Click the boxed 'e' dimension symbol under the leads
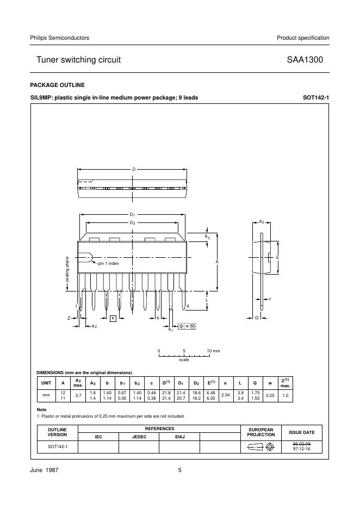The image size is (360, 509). (113, 318)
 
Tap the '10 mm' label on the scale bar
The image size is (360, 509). (213, 351)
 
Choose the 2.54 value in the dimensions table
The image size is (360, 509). (225, 395)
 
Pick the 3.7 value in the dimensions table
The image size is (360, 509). (78, 395)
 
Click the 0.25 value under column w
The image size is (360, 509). (270, 395)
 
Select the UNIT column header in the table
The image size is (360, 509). (46, 383)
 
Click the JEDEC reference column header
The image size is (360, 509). (139, 437)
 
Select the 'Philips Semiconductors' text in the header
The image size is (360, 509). (60, 38)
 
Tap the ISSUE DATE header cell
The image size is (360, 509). (301, 432)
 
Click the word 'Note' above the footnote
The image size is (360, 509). (41, 409)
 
